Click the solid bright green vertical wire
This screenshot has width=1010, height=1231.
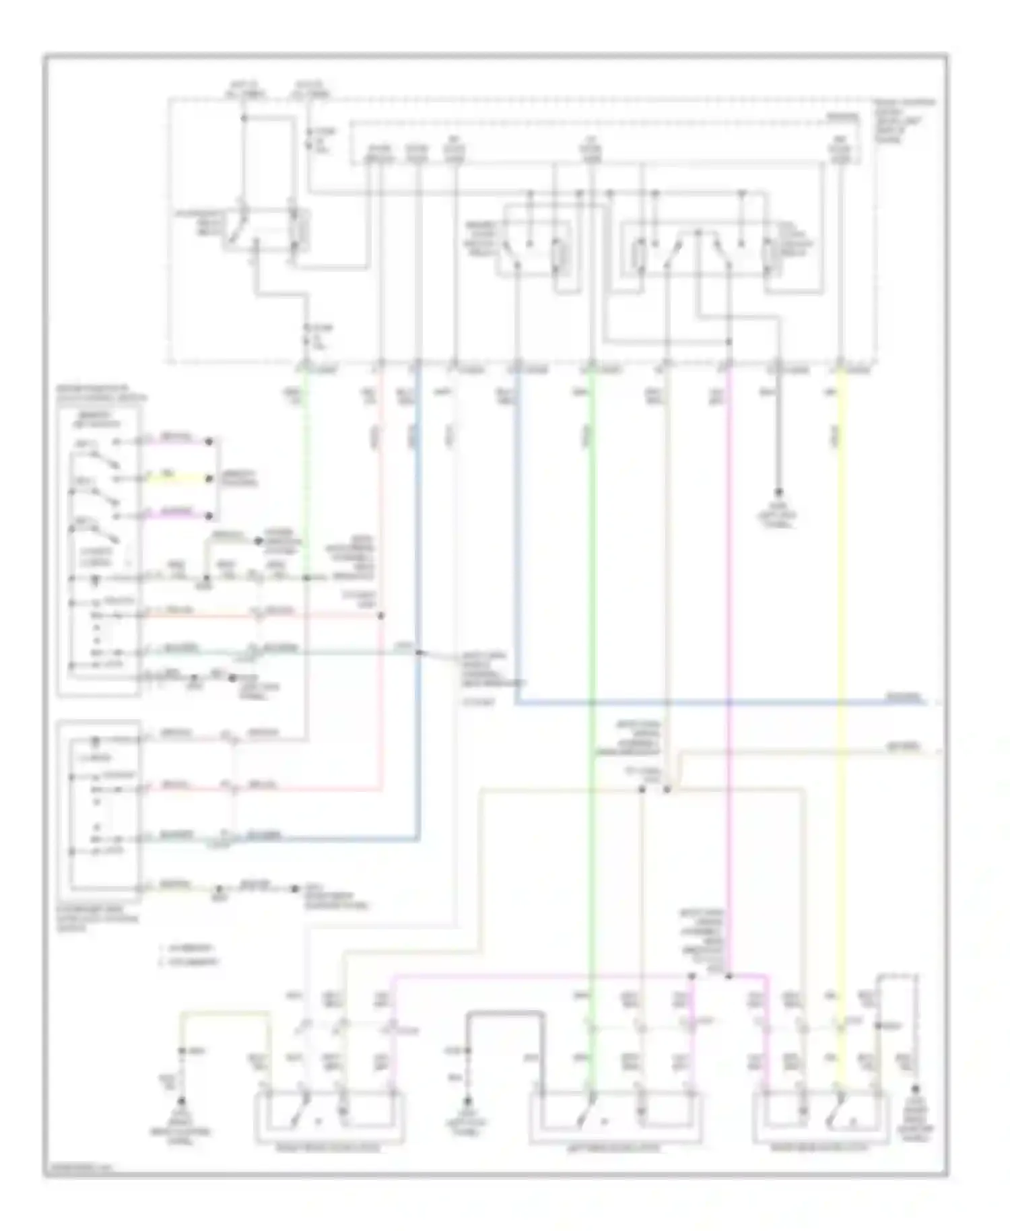pos(591,606)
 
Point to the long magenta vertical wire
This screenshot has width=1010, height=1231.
pos(729,606)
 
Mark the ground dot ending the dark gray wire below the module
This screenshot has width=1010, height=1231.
pos(779,492)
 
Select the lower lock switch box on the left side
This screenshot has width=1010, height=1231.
pos(99,808)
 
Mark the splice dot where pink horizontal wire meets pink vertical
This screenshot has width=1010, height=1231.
pos(381,615)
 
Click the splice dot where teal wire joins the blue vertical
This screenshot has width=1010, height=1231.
pos(418,652)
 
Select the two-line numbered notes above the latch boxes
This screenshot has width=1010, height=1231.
pos(191,954)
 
